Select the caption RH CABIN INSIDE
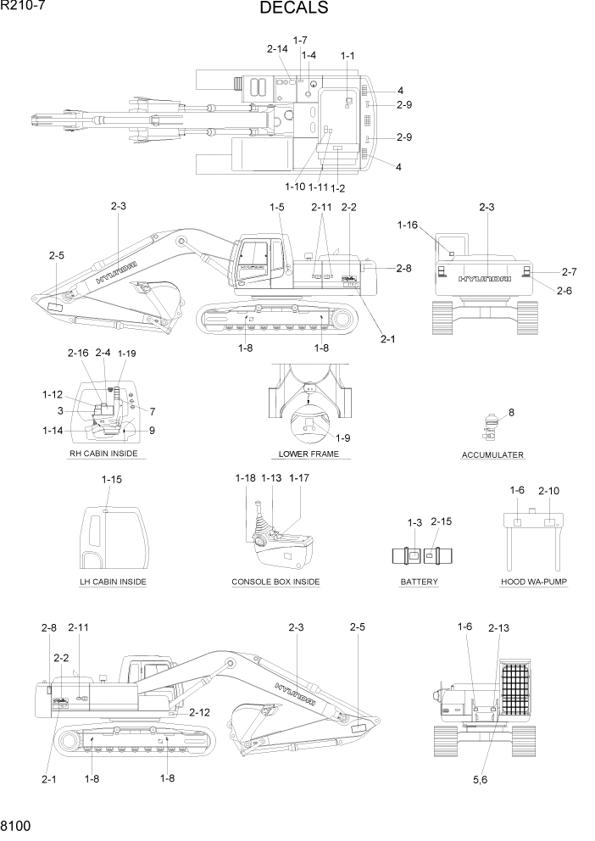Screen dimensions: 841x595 pyautogui.click(x=103, y=454)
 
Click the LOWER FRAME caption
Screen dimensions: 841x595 pyautogui.click(x=309, y=454)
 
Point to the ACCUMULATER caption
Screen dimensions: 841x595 pyautogui.click(x=492, y=455)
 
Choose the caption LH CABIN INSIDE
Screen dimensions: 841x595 pyautogui.click(x=112, y=582)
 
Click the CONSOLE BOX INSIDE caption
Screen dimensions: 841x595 pyautogui.click(x=275, y=582)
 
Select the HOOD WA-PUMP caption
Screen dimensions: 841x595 pyautogui.click(x=534, y=582)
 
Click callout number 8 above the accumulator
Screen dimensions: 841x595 pyautogui.click(x=511, y=413)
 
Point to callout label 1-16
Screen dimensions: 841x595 pyautogui.click(x=408, y=225)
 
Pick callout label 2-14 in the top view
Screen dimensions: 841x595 pyautogui.click(x=277, y=49)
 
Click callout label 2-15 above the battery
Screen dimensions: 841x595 pyautogui.click(x=442, y=521)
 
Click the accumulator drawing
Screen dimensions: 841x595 pyautogui.click(x=490, y=428)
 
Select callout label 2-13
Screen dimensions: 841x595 pyautogui.click(x=498, y=628)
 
